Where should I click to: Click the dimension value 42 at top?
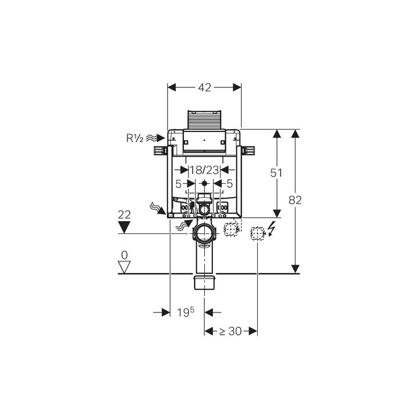coord(204,87)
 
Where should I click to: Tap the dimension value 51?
coord(276,173)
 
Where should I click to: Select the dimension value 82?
coord(295,200)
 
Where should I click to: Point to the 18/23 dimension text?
coord(204,170)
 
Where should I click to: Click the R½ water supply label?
coord(134,138)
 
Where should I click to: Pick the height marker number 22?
coord(125,215)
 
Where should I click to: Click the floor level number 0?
coord(125,255)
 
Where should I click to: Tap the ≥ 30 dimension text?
coord(230,331)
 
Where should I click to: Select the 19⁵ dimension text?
coord(186,312)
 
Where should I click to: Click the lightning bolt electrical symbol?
coord(272,229)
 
